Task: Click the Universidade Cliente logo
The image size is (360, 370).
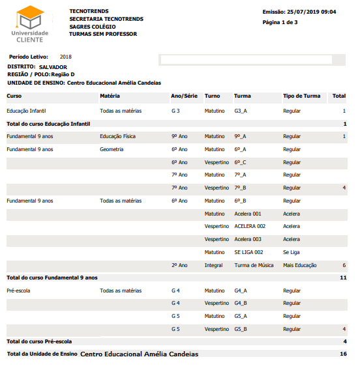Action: tap(30, 23)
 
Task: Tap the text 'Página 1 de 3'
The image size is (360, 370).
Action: tap(280, 22)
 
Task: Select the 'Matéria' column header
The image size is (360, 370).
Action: tap(110, 96)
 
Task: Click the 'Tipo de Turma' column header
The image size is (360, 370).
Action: tap(301, 96)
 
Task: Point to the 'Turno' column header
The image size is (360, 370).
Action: tap(212, 96)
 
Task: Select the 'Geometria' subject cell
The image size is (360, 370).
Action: tap(112, 149)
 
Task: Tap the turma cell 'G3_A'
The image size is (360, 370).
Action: tap(241, 111)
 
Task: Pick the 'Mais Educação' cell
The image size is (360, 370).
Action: tap(300, 265)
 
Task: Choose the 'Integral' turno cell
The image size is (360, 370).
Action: tap(213, 265)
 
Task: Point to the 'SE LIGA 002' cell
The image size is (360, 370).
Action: tap(248, 252)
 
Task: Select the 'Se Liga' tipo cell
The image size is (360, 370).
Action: tap(291, 252)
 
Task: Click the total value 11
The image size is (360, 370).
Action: tap(343, 277)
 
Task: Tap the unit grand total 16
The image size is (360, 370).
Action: tap(343, 354)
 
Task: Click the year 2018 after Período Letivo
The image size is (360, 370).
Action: tap(65, 57)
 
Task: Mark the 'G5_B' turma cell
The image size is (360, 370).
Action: tap(241, 329)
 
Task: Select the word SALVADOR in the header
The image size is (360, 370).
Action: tap(53, 67)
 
